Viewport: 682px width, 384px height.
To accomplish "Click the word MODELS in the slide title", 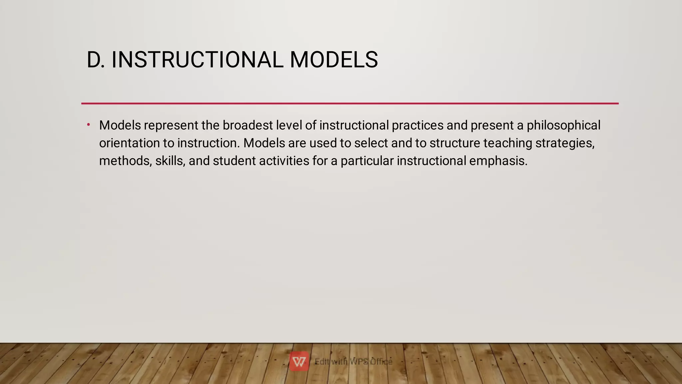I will pos(334,60).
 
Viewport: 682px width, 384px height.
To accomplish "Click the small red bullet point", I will pos(89,125).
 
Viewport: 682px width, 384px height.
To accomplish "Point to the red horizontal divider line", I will pos(350,104).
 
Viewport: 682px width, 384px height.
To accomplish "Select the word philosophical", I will pos(563,125).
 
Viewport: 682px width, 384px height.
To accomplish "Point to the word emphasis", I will pos(498,161).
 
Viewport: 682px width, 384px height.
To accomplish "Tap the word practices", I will pos(418,125).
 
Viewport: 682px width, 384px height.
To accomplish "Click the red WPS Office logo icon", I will pos(299,361).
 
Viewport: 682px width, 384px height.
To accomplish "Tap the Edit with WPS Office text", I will pos(354,361).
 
